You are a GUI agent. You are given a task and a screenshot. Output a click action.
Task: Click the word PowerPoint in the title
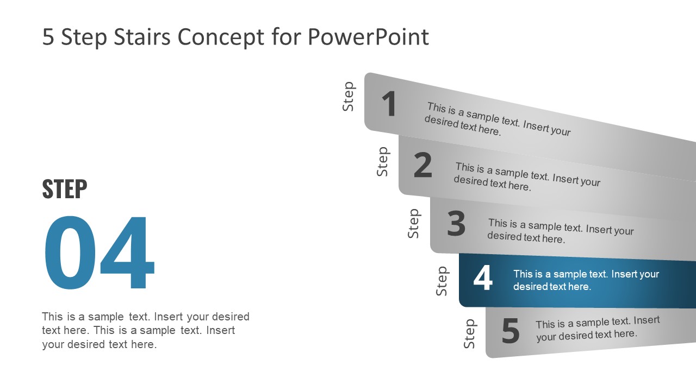coord(368,37)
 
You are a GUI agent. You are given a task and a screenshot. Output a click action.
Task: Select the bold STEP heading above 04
coord(64,189)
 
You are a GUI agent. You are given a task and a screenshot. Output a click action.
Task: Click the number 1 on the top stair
coord(389,104)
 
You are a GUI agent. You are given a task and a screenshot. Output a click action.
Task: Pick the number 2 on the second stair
coord(422,166)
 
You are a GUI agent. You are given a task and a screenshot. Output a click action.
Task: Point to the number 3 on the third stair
coord(456,224)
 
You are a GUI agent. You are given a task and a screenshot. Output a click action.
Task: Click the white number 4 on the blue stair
coord(483,279)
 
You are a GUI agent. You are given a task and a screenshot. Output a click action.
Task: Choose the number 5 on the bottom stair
coord(511,331)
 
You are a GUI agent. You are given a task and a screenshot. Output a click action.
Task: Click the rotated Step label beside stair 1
coord(349,97)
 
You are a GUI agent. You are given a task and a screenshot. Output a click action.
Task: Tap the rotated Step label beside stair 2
coord(383,161)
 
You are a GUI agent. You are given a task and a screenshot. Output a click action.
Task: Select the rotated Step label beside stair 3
coord(414,224)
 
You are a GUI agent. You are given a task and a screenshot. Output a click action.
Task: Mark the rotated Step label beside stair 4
coord(442,281)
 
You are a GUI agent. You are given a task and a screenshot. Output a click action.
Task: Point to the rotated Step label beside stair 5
coord(470,334)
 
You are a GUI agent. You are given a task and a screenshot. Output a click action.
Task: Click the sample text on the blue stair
coord(586,280)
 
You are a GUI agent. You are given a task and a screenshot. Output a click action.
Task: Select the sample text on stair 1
coord(498,119)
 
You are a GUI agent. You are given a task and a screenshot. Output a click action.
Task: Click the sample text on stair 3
coord(560,231)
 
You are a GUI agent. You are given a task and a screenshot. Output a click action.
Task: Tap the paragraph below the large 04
coord(145,330)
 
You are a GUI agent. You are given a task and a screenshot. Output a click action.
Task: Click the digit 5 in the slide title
coord(48,37)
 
